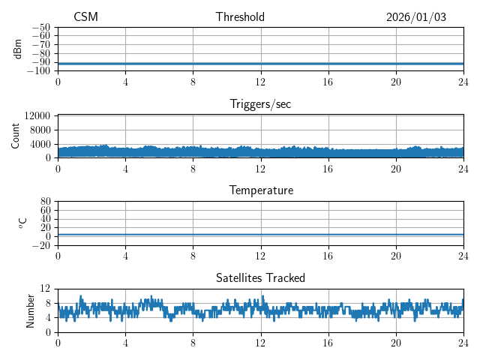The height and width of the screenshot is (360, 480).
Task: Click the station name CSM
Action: click(x=85, y=17)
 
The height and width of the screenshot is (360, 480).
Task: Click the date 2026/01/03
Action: click(x=416, y=17)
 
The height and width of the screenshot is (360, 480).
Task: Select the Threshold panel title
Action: click(x=240, y=17)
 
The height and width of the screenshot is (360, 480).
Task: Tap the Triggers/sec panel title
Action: click(x=260, y=104)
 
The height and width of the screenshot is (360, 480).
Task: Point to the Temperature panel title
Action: click(x=261, y=191)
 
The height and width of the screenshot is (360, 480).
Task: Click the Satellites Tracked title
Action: click(x=260, y=278)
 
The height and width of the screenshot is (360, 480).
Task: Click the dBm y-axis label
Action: click(x=18, y=49)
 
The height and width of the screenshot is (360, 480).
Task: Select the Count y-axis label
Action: click(x=16, y=136)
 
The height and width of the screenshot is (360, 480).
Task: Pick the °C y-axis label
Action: click(x=22, y=223)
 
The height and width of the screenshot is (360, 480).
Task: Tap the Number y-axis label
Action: click(x=30, y=310)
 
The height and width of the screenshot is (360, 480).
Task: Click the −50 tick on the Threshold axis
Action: click(x=40, y=27)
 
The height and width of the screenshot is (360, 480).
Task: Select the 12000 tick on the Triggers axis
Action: click(x=37, y=116)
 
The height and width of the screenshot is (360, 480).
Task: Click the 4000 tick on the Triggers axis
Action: click(x=40, y=144)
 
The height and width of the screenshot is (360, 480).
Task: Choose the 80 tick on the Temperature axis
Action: click(x=46, y=202)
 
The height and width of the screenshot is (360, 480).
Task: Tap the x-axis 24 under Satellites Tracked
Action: click(x=463, y=343)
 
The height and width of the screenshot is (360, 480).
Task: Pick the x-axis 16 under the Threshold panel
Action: click(x=328, y=82)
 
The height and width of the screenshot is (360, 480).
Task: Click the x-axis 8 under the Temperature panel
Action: click(x=193, y=256)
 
